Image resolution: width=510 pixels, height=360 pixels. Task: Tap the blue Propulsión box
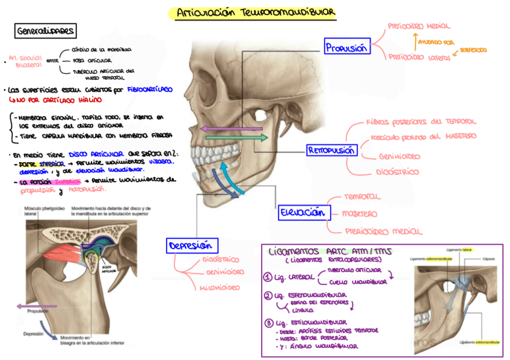pos(346,47)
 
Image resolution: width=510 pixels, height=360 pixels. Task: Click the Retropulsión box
pos(332,150)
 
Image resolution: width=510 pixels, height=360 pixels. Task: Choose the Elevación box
pos(304,212)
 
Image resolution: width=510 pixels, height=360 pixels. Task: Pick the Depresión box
pos(192,245)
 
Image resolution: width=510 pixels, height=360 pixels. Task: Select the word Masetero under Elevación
pos(359,213)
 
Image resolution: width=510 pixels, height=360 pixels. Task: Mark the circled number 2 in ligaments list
pos(268,296)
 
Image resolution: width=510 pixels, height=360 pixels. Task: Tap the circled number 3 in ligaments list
pos(268,323)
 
